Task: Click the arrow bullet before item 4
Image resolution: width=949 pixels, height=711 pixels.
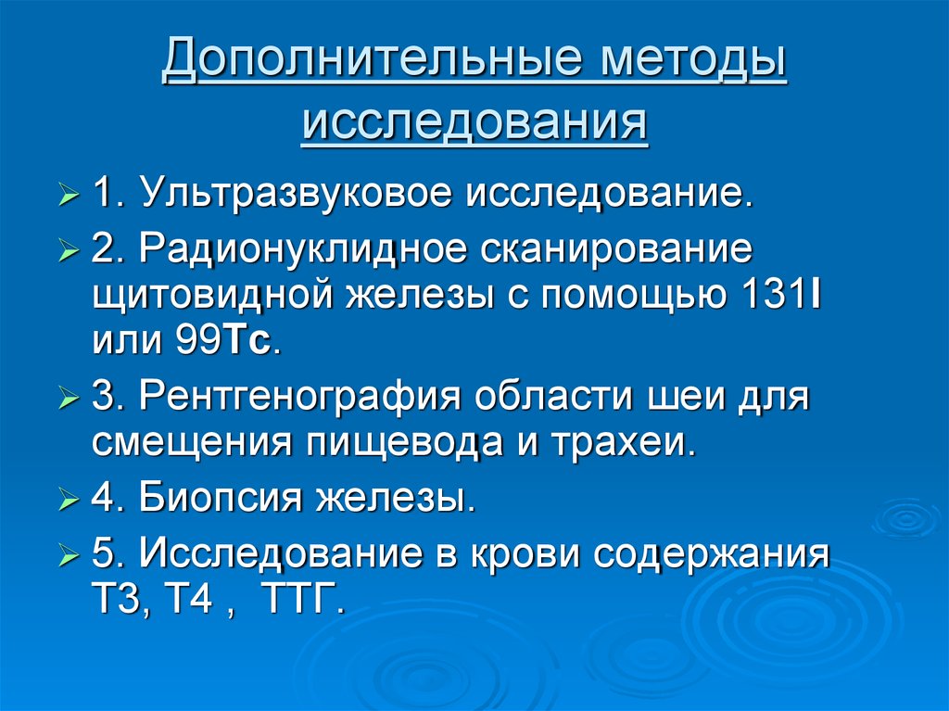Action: click(x=70, y=502)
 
